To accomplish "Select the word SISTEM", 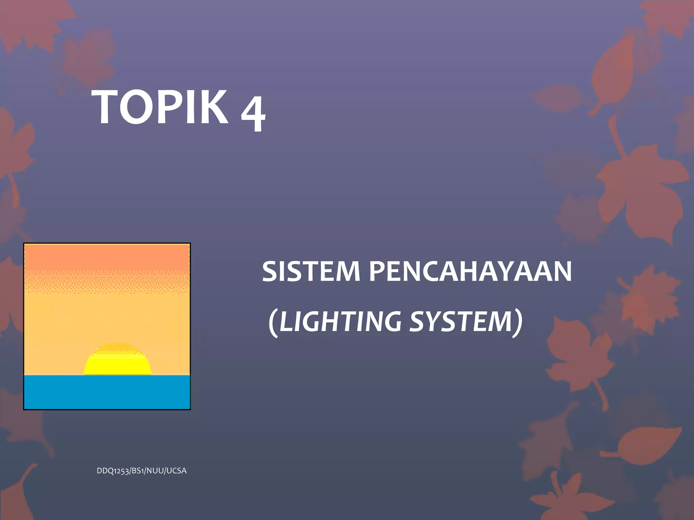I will (x=310, y=271).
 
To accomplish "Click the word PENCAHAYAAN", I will (x=470, y=271).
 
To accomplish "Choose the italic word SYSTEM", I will (x=461, y=321).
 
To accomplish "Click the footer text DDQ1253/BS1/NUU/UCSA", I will (x=142, y=471).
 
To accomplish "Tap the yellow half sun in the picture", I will (x=117, y=364).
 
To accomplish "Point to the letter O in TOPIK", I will (x=135, y=108).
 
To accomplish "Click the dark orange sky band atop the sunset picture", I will (x=107, y=257).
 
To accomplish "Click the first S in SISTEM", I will (x=270, y=271).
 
